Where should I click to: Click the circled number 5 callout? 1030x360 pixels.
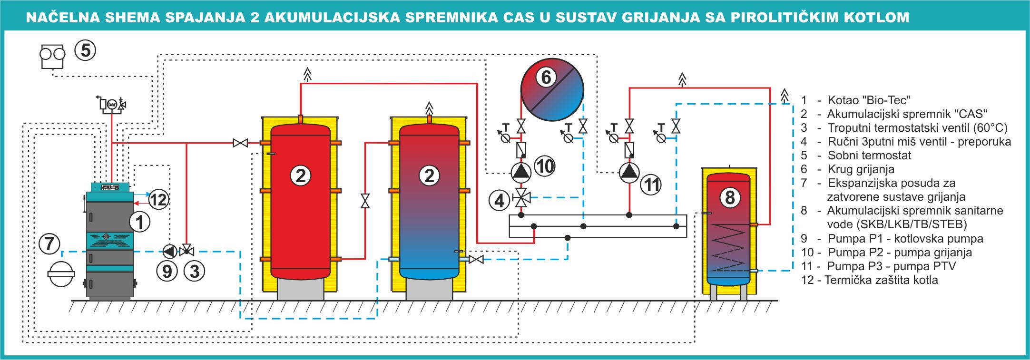(86, 50)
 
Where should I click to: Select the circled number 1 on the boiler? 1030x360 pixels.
(140, 222)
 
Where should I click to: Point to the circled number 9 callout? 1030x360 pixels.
(167, 271)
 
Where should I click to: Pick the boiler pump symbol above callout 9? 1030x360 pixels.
(169, 250)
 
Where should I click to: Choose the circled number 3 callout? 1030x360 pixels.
(195, 271)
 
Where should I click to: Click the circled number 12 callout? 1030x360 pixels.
(158, 199)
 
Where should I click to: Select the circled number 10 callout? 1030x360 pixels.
(545, 166)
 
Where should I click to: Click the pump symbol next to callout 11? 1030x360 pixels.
(629, 172)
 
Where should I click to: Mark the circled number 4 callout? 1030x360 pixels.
(499, 200)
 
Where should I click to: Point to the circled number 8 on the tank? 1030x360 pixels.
(730, 197)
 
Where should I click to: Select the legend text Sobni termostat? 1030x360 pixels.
(869, 156)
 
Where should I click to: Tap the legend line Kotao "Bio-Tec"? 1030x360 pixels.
(869, 100)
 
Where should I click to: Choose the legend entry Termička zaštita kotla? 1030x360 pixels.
(881, 280)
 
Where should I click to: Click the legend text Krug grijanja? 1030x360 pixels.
(861, 169)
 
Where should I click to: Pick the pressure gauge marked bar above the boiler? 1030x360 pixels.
(112, 104)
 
